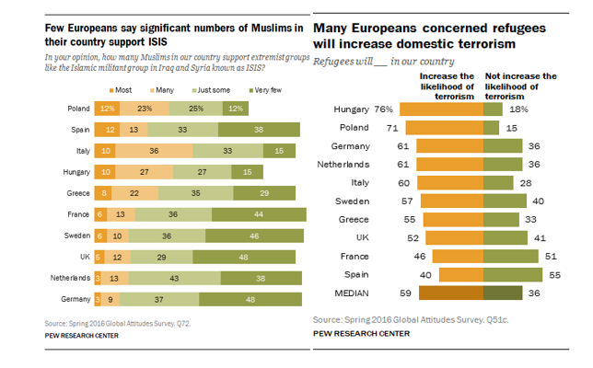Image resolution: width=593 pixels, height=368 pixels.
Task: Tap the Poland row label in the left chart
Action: pos(78,109)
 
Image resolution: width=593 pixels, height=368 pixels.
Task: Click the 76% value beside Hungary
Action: pos(385,109)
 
